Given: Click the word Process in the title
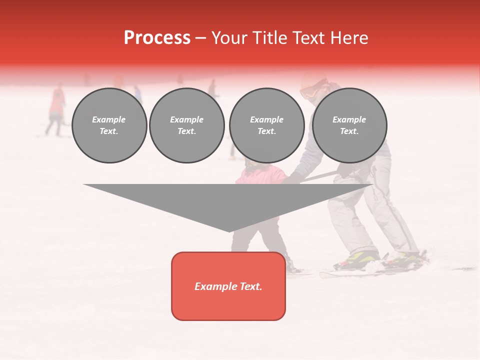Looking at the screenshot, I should pos(157,38).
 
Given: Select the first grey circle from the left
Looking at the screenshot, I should pos(109,125).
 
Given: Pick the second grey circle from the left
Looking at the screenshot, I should pos(187,125).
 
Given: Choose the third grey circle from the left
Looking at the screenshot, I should pos(266,125).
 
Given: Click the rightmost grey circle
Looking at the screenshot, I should pos(349,125).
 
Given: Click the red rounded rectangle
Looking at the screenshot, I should pos(228,286).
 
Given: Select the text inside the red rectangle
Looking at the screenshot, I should pos(228,286).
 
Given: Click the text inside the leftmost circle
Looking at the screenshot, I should pos(109,125).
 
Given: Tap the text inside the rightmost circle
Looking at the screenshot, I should pos(349,125).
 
